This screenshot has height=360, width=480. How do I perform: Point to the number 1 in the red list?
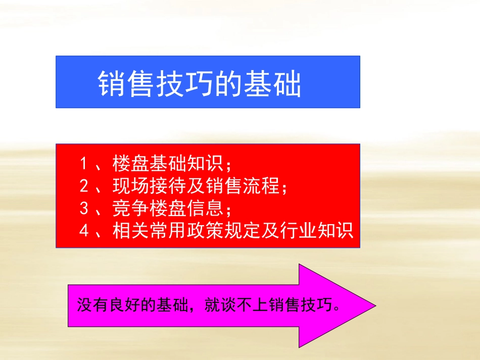[x=84, y=164]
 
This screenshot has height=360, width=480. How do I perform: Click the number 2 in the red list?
[x=84, y=186]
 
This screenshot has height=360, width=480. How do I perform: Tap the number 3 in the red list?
[x=84, y=209]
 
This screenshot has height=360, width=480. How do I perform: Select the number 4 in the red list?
[x=84, y=231]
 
